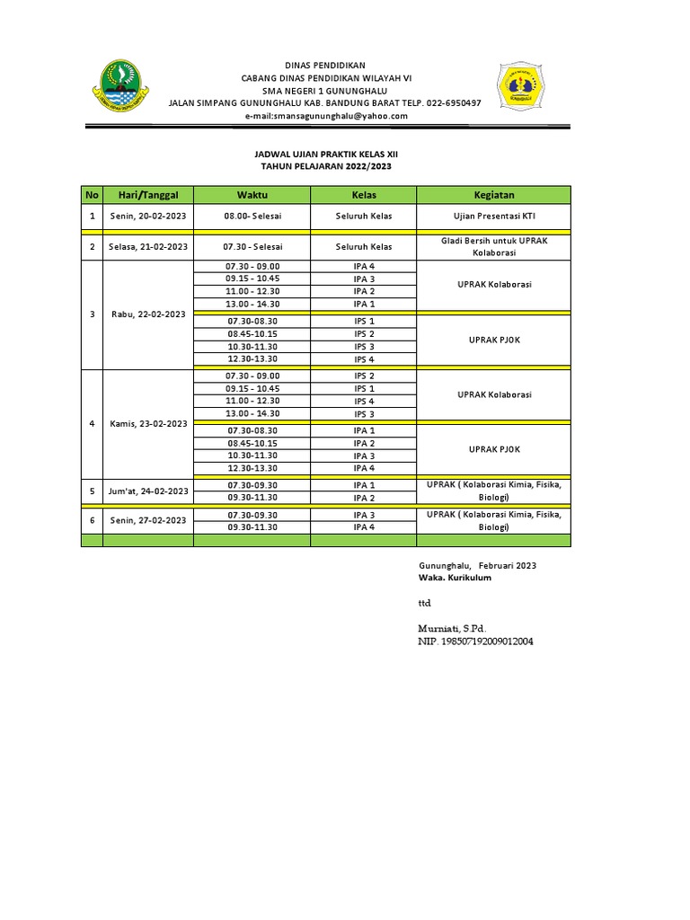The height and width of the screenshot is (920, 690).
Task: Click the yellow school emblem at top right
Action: click(x=522, y=88)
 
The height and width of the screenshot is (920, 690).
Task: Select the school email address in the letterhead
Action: click(x=325, y=116)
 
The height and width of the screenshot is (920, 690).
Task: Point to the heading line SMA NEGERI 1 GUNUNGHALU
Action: click(x=325, y=91)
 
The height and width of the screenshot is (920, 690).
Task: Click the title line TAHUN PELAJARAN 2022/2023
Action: click(x=325, y=167)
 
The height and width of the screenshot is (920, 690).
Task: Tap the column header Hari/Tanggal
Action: click(x=148, y=195)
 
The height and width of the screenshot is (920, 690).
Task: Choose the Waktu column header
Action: click(x=252, y=195)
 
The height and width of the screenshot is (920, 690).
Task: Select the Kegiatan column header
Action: click(x=493, y=195)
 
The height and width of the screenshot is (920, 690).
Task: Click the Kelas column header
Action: click(x=364, y=195)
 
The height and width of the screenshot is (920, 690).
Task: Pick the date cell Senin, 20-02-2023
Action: click(x=148, y=217)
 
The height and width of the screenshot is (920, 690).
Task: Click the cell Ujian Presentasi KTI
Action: click(x=493, y=217)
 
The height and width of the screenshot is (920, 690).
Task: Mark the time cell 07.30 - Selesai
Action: click(x=252, y=247)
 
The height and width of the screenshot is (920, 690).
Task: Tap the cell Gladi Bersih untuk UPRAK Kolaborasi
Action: click(x=493, y=247)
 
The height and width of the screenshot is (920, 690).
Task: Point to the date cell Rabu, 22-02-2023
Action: click(x=148, y=314)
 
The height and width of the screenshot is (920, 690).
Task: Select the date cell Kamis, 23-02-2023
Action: click(x=148, y=424)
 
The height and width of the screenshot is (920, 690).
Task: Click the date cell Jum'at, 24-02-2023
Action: click(x=148, y=491)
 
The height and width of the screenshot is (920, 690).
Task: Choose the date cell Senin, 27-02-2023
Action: click(x=148, y=520)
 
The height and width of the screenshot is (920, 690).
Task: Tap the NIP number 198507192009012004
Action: click(x=475, y=642)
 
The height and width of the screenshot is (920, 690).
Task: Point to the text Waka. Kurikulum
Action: click(x=455, y=578)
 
